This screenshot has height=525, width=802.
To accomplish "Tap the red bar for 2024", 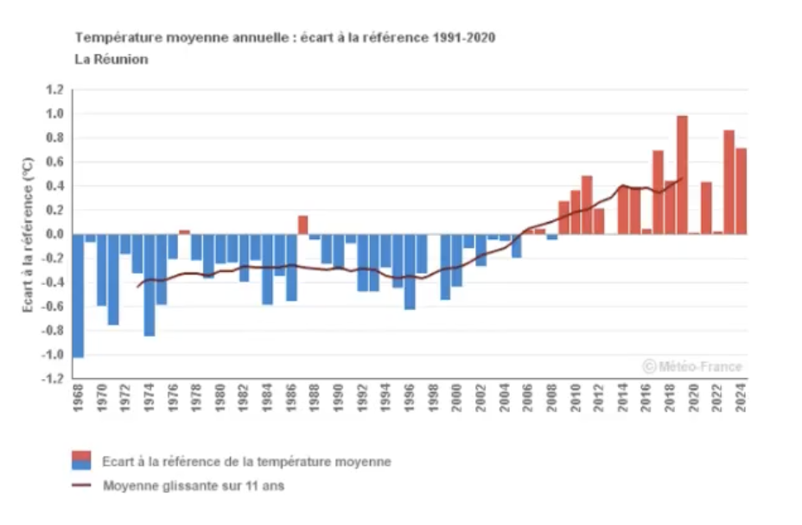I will pyautogui.click(x=741, y=191).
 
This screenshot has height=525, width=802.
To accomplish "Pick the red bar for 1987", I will pyautogui.click(x=303, y=225).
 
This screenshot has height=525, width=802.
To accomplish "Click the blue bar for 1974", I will pyautogui.click(x=150, y=285).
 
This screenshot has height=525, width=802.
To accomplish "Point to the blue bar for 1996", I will pyautogui.click(x=410, y=271).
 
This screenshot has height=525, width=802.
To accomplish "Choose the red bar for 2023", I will pyautogui.click(x=729, y=182).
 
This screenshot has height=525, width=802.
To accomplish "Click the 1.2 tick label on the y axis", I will pyautogui.click(x=54, y=90).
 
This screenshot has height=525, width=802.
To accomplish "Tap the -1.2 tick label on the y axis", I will pyautogui.click(x=54, y=379).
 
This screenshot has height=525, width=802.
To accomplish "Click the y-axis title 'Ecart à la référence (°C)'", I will pyautogui.click(x=28, y=234).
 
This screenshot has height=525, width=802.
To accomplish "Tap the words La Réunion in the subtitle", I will pyautogui.click(x=111, y=60).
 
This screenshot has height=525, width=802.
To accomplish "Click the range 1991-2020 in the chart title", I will pyautogui.click(x=462, y=38).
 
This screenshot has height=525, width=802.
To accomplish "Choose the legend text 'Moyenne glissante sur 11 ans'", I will pyautogui.click(x=194, y=486).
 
